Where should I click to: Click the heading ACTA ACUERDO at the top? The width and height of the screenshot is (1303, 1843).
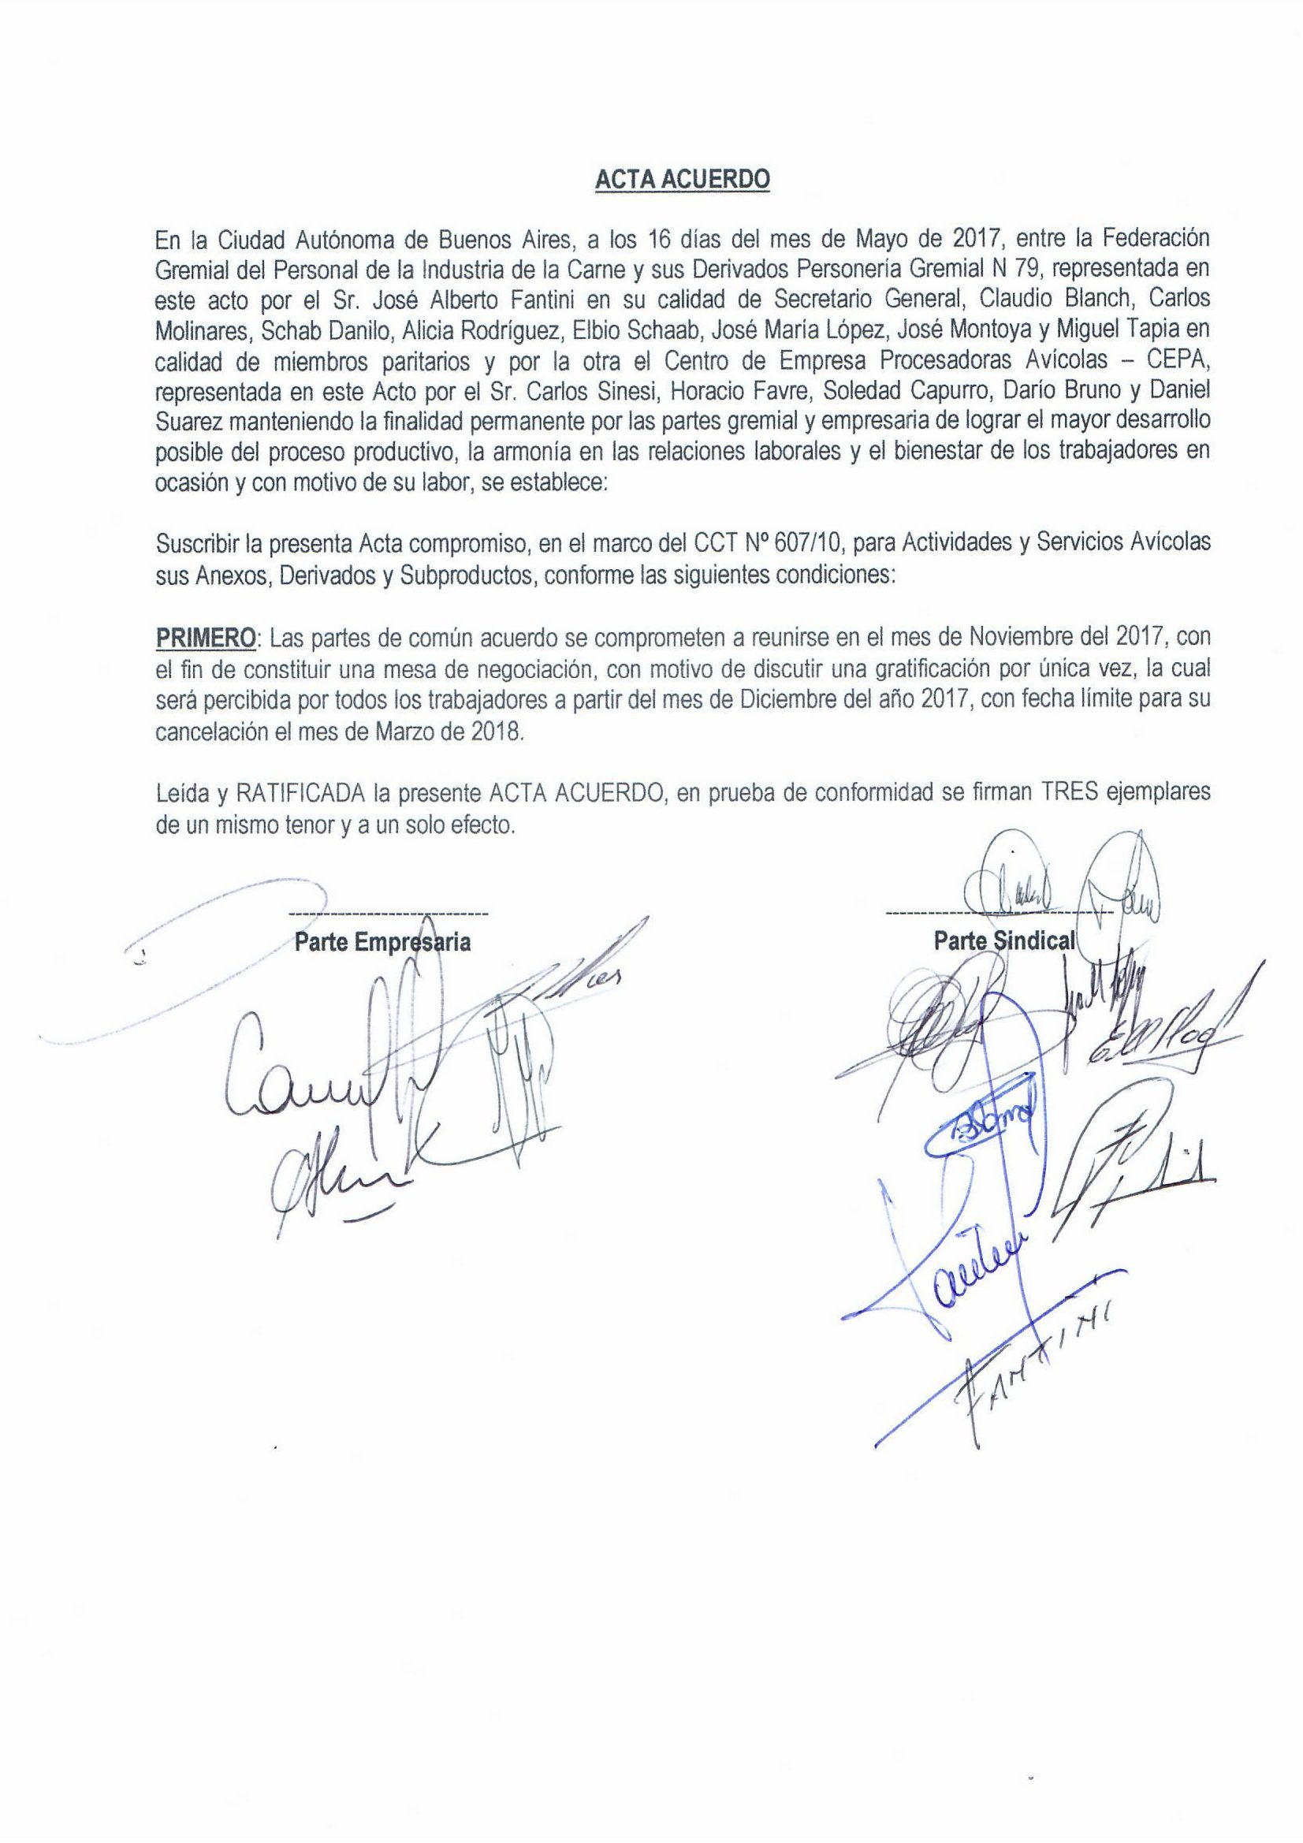pyautogui.click(x=682, y=181)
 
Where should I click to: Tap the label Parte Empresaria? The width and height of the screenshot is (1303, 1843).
pyautogui.click(x=382, y=941)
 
